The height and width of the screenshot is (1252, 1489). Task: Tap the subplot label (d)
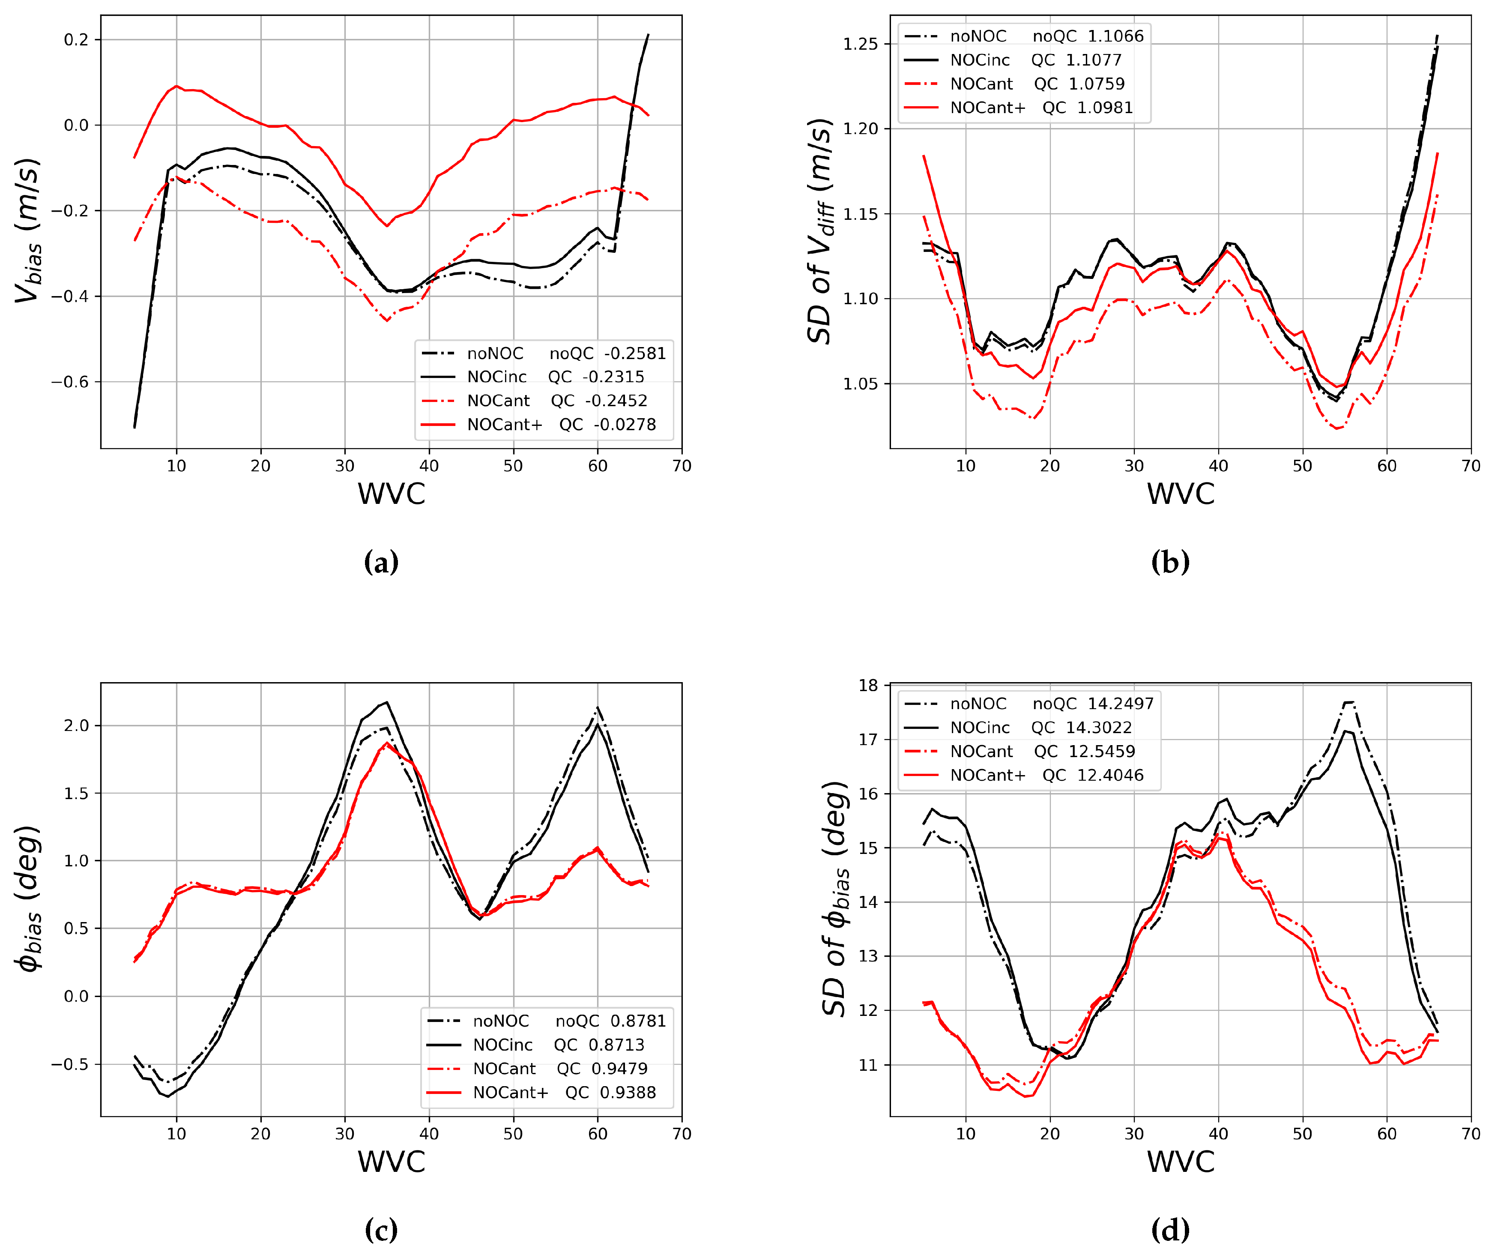point(1170,1230)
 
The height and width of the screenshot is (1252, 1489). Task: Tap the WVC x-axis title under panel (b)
point(1181,494)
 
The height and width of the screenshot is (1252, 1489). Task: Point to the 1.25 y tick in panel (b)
point(860,44)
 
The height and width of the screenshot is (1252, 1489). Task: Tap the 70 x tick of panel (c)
point(681,1133)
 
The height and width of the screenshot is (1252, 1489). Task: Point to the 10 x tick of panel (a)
point(176,466)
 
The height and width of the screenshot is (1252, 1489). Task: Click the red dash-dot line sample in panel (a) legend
point(438,401)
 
